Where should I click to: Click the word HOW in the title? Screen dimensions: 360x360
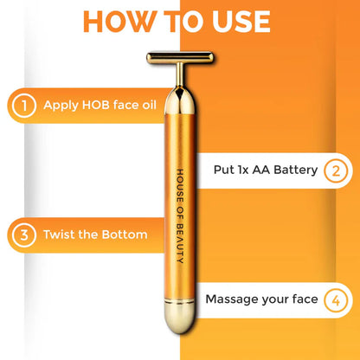[x=120, y=22]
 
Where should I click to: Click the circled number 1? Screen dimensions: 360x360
[x=24, y=106]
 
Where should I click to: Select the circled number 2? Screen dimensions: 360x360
[x=336, y=170]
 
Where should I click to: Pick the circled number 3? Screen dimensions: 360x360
[x=24, y=235]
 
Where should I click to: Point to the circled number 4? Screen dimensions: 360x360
[x=336, y=300]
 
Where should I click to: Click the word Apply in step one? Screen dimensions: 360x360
[x=61, y=106]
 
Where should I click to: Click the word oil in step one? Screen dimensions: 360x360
[x=149, y=105]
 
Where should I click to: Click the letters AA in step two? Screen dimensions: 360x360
[x=261, y=170]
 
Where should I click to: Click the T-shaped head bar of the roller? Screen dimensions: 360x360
[x=180, y=58]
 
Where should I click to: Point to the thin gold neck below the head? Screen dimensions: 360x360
[x=180, y=75]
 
